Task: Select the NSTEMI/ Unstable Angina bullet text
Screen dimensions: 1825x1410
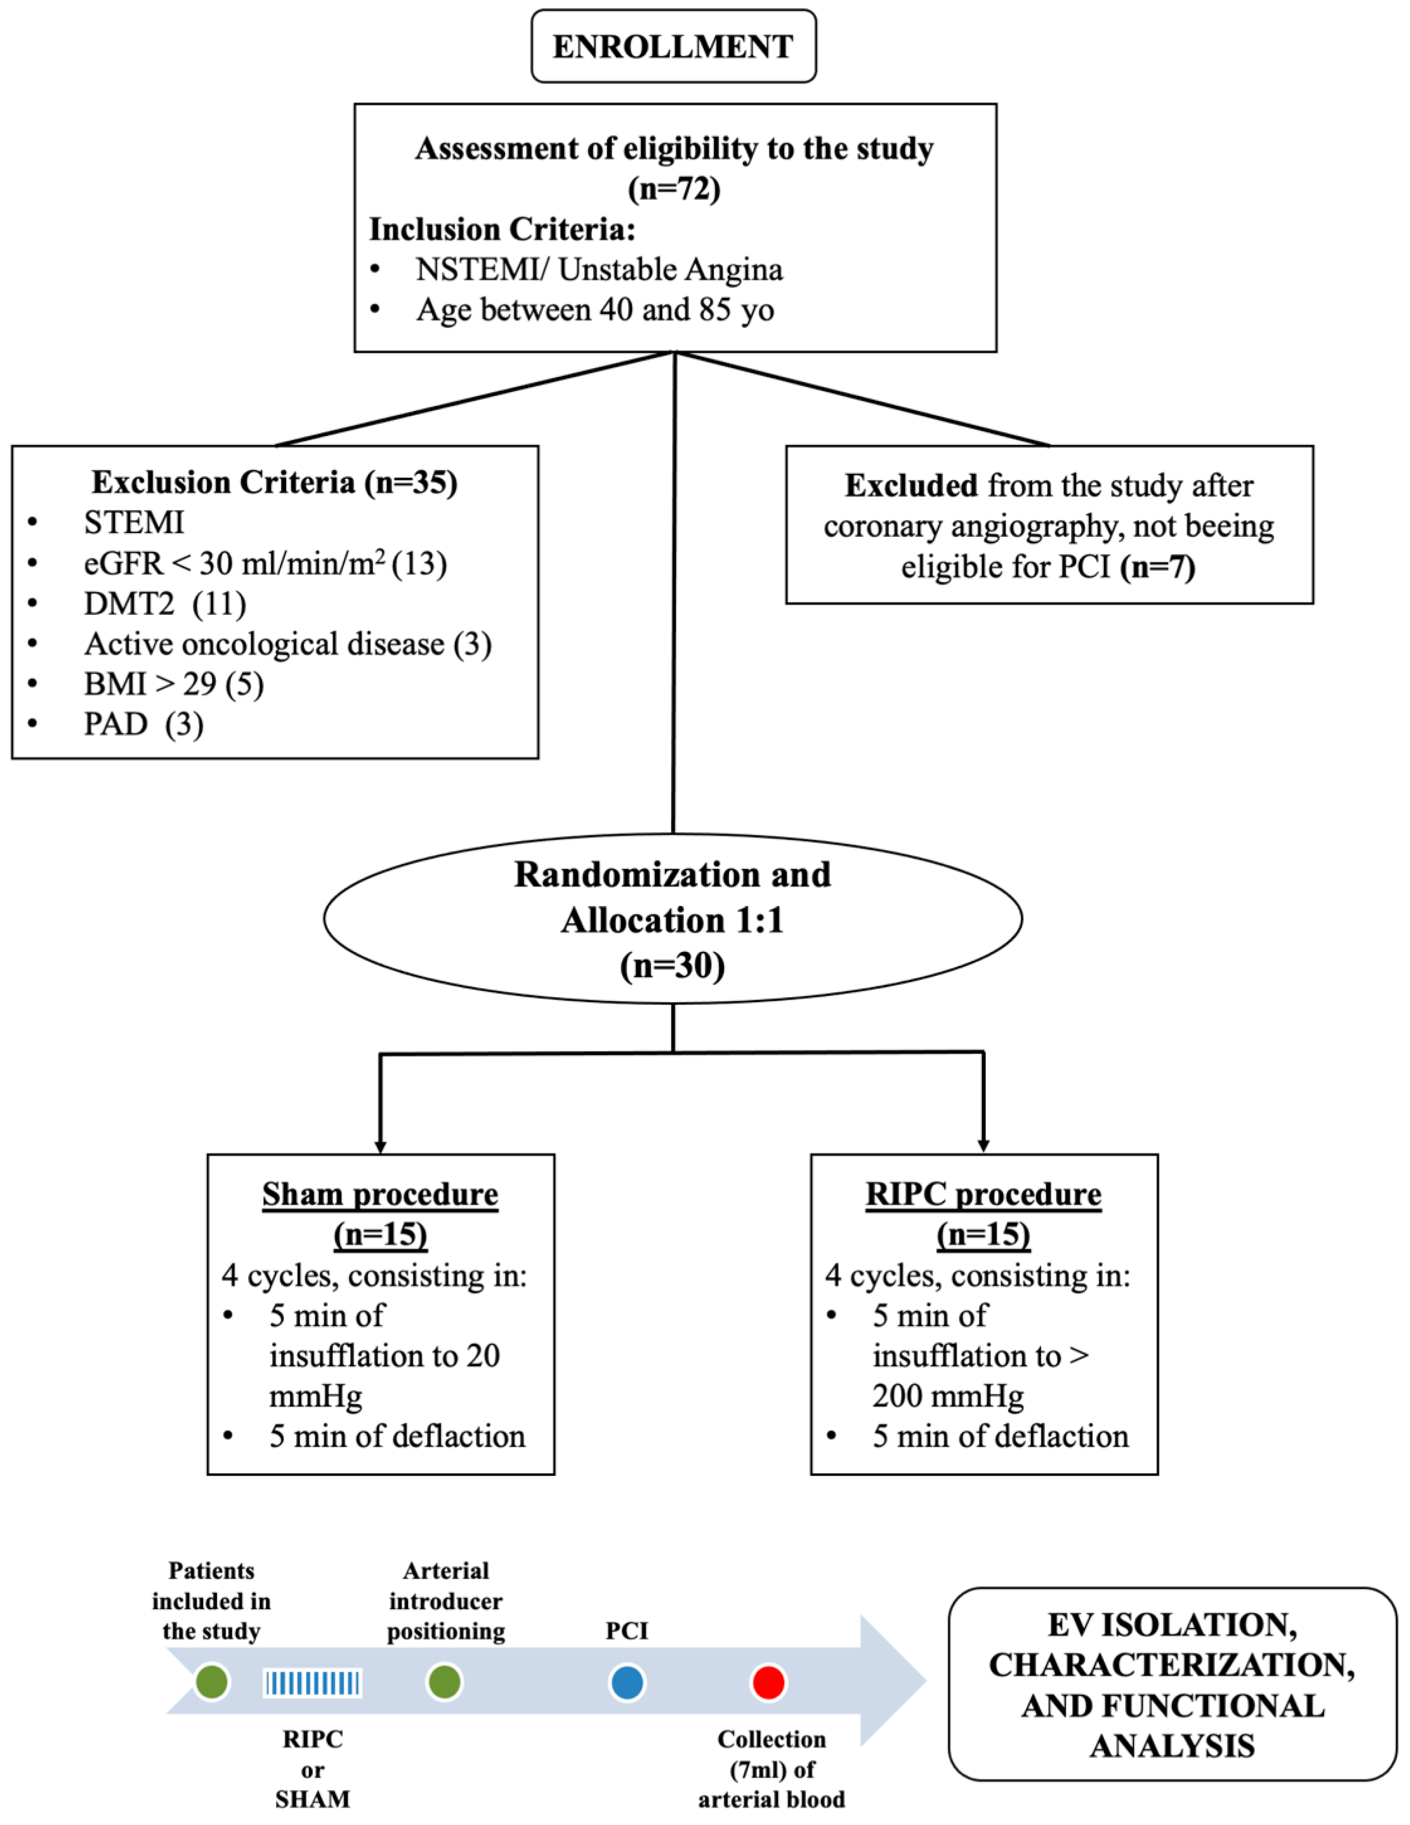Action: pos(599,270)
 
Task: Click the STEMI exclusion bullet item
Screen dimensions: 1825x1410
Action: pos(133,522)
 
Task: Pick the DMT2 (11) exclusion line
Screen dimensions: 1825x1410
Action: pos(164,603)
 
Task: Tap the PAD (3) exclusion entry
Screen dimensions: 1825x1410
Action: pos(143,724)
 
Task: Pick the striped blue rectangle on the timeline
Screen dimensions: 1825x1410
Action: pos(313,1683)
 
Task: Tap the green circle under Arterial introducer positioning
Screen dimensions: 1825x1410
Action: pos(445,1683)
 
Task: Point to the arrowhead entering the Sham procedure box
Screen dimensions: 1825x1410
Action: pos(380,1147)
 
